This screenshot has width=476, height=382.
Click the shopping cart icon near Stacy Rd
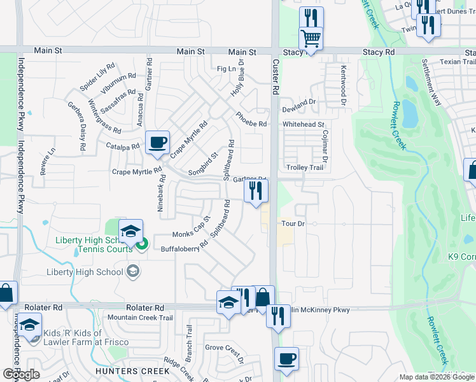coord(311,39)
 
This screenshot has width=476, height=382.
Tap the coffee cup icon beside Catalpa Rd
coord(157,143)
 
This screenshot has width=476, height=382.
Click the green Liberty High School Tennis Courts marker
coord(143,242)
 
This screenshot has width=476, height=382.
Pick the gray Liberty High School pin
coord(132,272)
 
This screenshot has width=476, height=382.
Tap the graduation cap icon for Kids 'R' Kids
coord(29,325)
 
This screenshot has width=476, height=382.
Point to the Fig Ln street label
coord(226,69)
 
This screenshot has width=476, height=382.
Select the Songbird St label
coord(204,164)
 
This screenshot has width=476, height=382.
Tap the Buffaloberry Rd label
coord(185,246)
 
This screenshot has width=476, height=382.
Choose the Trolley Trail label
coord(307,167)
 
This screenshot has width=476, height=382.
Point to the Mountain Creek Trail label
coord(140,318)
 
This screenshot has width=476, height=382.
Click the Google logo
coord(22,374)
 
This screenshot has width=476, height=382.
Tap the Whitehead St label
coord(304,125)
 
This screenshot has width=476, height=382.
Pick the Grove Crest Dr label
coord(225,349)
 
